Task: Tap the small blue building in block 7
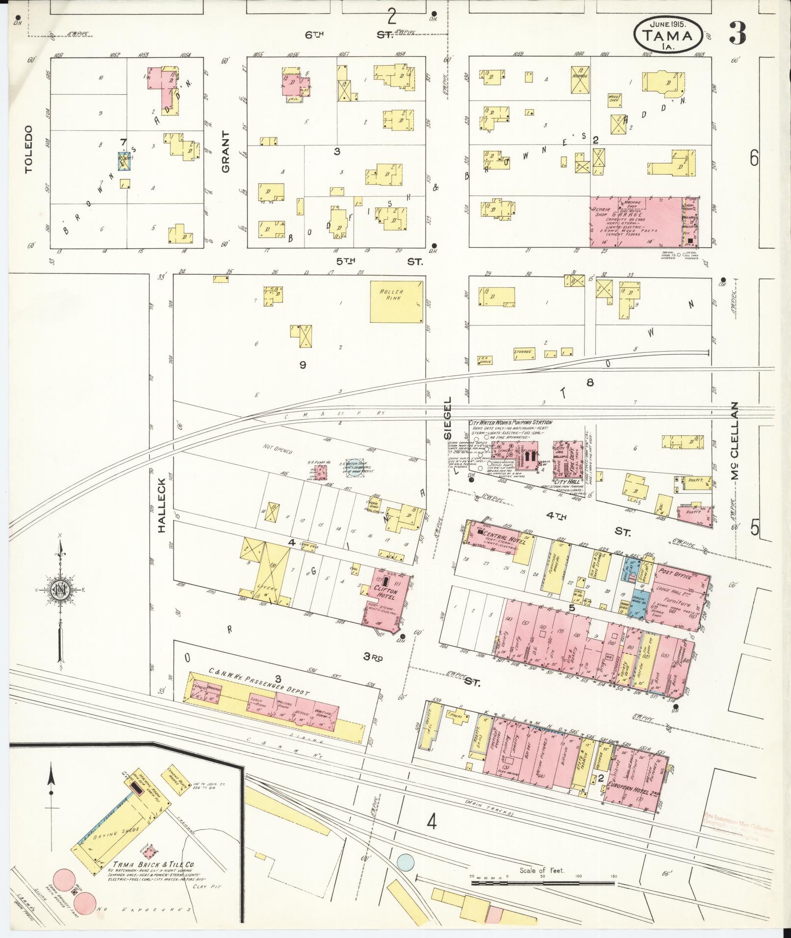(x=125, y=161)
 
